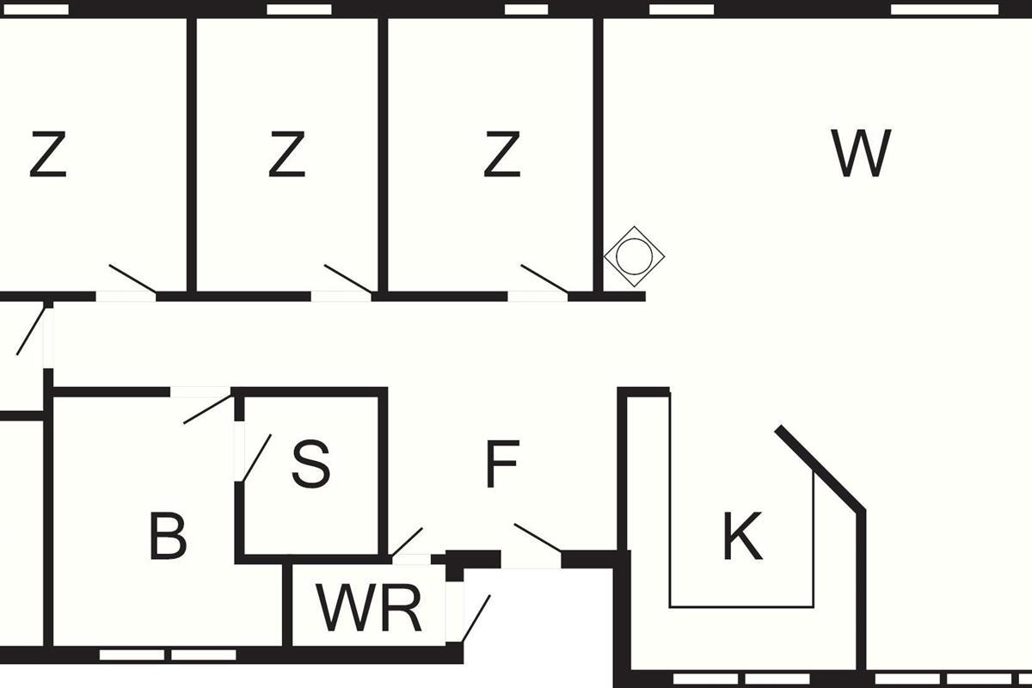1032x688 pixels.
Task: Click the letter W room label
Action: click(x=861, y=154)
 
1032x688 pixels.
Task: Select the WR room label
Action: click(x=370, y=608)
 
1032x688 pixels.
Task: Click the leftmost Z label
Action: click(x=48, y=155)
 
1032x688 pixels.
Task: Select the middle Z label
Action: click(x=286, y=155)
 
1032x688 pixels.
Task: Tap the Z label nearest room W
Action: click(x=501, y=155)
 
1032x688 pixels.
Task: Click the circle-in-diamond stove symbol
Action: click(x=635, y=256)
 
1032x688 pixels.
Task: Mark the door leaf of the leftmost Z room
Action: click(x=132, y=279)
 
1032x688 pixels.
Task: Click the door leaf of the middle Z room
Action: click(x=347, y=279)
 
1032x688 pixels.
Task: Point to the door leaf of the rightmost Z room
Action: click(x=544, y=279)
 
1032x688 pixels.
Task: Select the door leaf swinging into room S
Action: click(x=257, y=458)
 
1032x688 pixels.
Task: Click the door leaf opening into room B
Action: click(x=207, y=408)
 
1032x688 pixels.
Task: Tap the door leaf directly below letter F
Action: click(x=537, y=537)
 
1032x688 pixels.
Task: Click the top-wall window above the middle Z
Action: click(x=299, y=9)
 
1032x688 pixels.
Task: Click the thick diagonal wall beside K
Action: click(x=820, y=469)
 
